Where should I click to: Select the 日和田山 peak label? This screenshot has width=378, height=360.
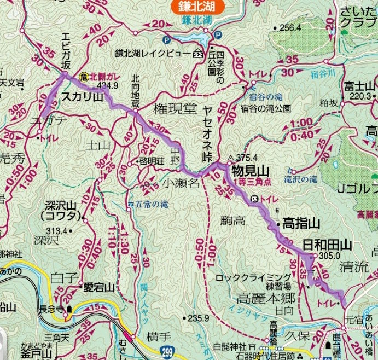pos(326,246)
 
